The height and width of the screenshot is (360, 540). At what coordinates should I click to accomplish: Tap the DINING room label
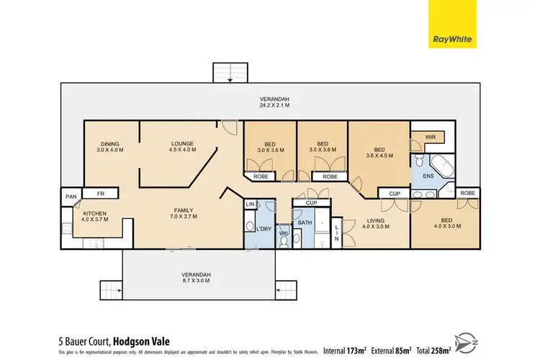click(110, 147)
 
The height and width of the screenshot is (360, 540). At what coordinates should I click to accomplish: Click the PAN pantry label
click(71, 196)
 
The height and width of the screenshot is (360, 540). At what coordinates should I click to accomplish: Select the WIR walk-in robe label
click(431, 136)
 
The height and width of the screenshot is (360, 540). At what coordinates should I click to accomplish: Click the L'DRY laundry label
click(254, 228)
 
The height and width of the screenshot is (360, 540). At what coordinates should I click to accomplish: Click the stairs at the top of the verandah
click(230, 73)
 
